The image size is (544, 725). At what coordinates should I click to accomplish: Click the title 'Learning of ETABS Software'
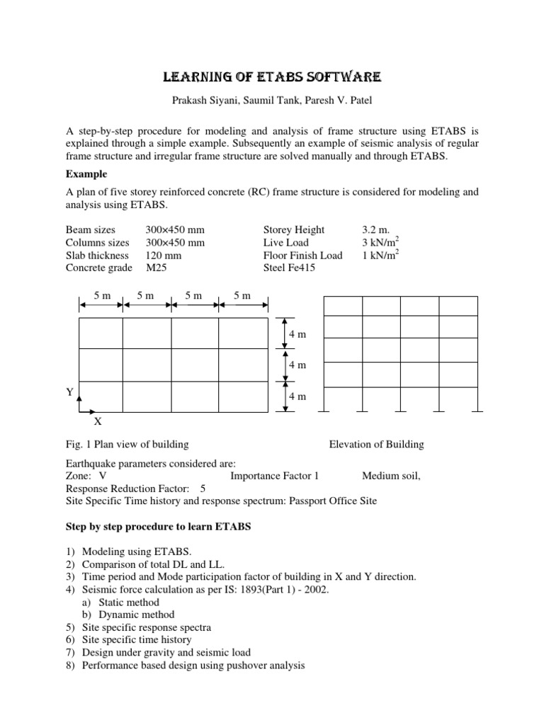point(271,77)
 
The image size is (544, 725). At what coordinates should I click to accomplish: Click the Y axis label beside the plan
point(70,392)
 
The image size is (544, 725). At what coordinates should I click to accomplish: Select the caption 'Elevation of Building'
point(376,445)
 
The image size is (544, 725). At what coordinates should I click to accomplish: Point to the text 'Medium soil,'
point(391,476)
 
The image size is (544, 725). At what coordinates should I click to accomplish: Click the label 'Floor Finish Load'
point(302,256)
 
